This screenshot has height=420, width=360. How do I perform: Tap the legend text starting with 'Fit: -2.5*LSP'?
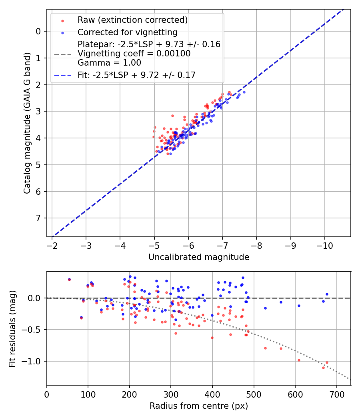136,75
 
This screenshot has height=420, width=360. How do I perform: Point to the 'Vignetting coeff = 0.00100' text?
134,53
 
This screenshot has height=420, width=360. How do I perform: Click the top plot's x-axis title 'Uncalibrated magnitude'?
199,257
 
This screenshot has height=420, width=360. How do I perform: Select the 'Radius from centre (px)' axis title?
199,406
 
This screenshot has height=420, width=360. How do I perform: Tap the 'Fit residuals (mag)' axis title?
12,328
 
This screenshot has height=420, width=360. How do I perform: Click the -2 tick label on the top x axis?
52,245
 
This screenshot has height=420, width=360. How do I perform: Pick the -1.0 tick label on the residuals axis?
34,361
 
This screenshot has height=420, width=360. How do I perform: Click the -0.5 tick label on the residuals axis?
34,330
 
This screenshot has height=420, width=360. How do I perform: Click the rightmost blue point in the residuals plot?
327,294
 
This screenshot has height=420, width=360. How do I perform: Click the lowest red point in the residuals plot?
323,367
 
